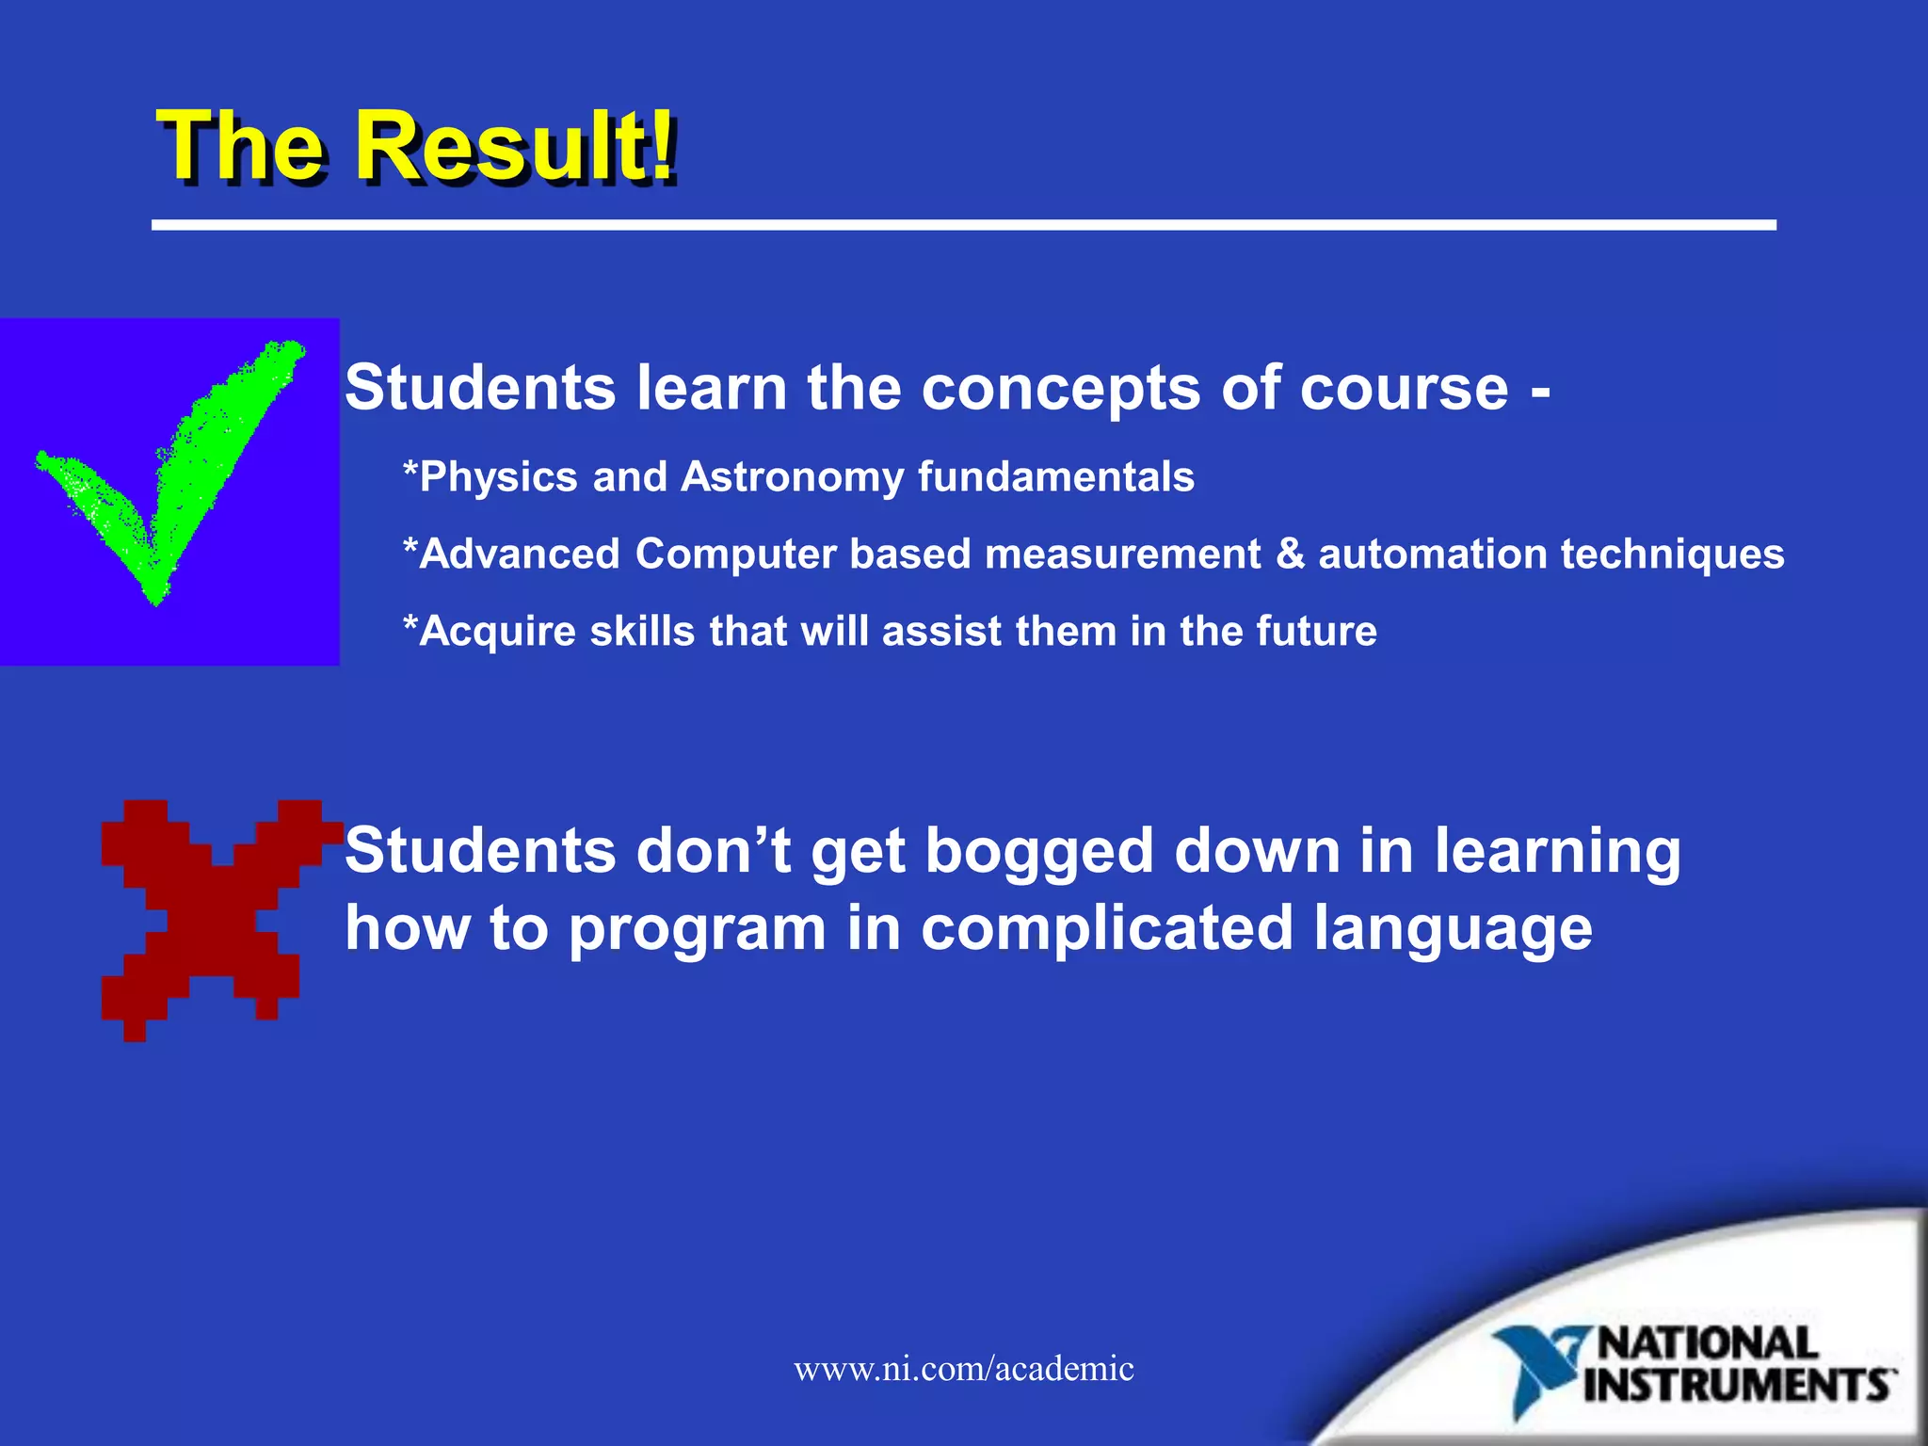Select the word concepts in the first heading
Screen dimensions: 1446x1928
pos(1060,389)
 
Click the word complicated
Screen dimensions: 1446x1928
pos(1106,929)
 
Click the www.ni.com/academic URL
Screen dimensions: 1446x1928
pos(964,1369)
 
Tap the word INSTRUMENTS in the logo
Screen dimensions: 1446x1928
pos(1738,1386)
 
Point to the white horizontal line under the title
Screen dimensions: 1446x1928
pos(964,225)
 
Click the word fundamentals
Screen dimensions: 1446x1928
pos(1055,477)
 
